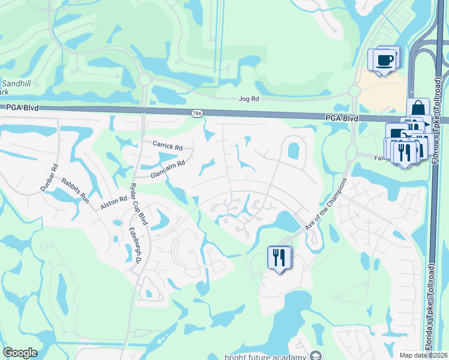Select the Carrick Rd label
tap(167, 146)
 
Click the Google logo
tap(20, 353)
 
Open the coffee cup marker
tap(383, 60)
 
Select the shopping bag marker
tap(418, 109)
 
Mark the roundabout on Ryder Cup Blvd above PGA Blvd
tap(144, 80)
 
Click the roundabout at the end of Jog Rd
tap(355, 91)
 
